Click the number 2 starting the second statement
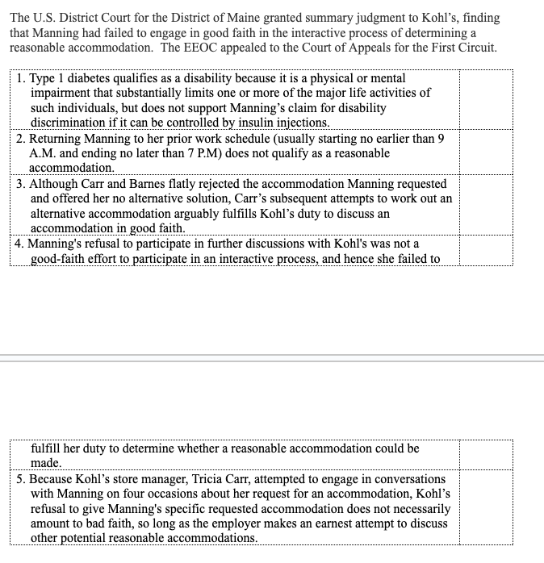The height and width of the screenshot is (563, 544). pyautogui.click(x=19, y=139)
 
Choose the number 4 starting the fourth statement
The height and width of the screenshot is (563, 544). pyautogui.click(x=19, y=244)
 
